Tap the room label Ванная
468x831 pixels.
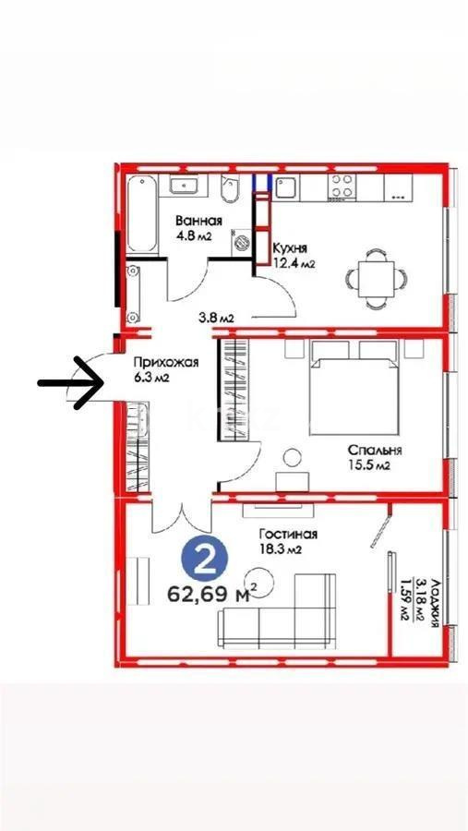pyautogui.click(x=200, y=221)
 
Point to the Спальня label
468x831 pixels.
pyautogui.click(x=374, y=450)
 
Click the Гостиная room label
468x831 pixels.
pyautogui.click(x=288, y=534)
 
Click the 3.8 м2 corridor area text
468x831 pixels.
pyautogui.click(x=216, y=319)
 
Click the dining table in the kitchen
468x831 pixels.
pyautogui.click(x=374, y=274)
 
